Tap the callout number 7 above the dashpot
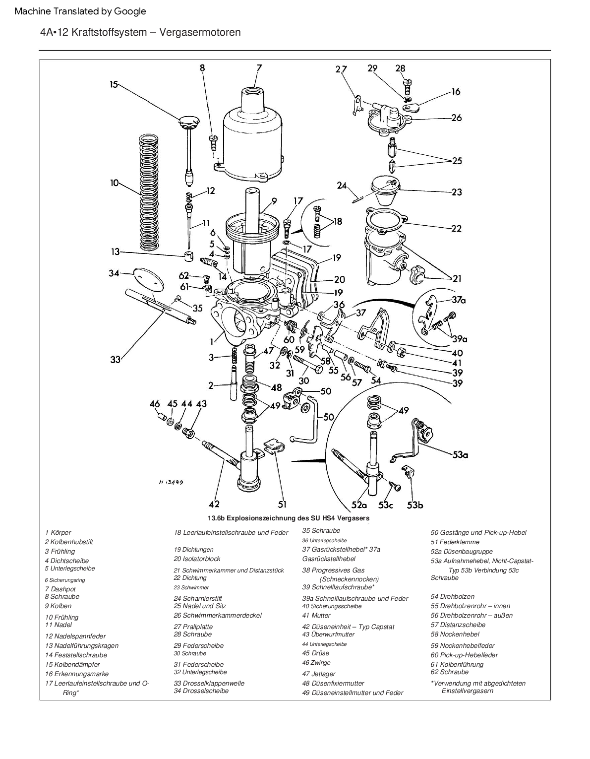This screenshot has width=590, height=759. point(259,68)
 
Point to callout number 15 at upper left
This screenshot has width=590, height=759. point(114,84)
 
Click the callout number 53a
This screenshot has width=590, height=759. point(460,454)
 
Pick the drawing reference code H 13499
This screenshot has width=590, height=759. point(171,482)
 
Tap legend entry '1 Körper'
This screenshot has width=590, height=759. point(58,532)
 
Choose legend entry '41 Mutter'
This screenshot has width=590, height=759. point(316,615)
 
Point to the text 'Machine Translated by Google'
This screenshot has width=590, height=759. point(80,11)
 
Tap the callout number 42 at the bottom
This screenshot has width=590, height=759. point(214,505)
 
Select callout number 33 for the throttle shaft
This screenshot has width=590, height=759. point(116,359)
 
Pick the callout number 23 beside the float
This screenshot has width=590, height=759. point(456,192)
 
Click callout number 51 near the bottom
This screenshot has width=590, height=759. point(282,505)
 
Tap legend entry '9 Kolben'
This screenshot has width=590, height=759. point(58,606)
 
